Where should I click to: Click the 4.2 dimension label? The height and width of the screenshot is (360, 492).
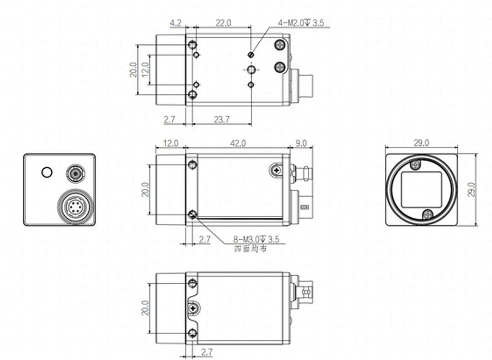tap(176, 23)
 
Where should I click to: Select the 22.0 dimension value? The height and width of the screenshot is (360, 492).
tap(223, 23)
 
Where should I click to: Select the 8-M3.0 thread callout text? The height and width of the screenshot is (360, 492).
tap(256, 240)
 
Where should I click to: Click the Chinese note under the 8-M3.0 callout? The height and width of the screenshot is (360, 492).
tap(251, 249)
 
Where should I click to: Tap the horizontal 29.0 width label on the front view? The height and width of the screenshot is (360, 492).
tap(421, 143)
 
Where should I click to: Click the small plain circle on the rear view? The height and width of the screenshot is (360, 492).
tap(47, 172)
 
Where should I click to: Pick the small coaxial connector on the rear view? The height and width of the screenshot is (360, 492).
tap(75, 173)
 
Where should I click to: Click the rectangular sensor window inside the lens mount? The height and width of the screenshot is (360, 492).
tap(421, 190)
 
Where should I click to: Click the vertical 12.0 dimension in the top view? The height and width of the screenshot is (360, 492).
tap(144, 69)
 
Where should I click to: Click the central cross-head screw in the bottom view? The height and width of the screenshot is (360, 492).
tap(193, 308)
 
